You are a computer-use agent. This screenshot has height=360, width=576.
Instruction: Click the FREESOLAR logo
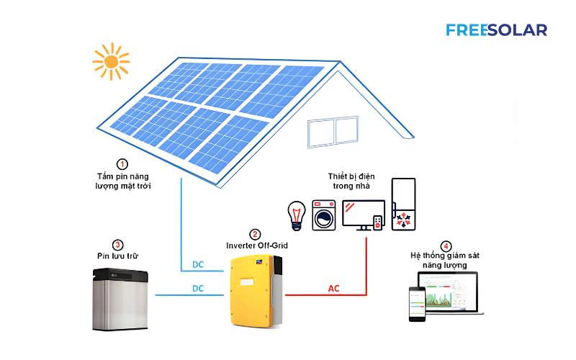click(496, 30)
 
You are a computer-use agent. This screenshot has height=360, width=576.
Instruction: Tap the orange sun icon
click(111, 61)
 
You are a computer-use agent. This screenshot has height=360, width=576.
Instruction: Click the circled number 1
click(122, 164)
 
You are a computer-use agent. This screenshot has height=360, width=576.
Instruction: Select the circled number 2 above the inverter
click(255, 235)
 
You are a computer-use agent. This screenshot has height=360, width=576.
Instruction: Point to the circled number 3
click(117, 245)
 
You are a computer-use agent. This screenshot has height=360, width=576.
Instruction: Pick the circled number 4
click(446, 246)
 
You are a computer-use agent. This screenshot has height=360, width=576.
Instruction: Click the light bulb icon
click(297, 215)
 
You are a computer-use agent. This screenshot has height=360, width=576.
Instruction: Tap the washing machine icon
click(324, 215)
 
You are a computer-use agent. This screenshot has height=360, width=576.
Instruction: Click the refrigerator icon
click(403, 204)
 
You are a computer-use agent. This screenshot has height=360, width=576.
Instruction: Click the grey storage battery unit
click(120, 300)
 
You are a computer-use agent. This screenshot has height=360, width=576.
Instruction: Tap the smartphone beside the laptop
click(418, 304)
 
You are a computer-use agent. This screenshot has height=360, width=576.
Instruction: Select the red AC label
click(333, 289)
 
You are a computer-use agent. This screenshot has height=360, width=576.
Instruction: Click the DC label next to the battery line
click(198, 289)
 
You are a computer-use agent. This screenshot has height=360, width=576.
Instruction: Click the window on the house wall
click(333, 132)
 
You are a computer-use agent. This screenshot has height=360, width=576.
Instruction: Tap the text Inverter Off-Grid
click(257, 246)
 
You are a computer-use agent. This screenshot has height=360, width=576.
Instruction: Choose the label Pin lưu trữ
click(117, 256)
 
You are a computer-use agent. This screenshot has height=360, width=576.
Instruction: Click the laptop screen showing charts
click(448, 292)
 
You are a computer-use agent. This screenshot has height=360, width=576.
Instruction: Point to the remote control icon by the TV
click(377, 223)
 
